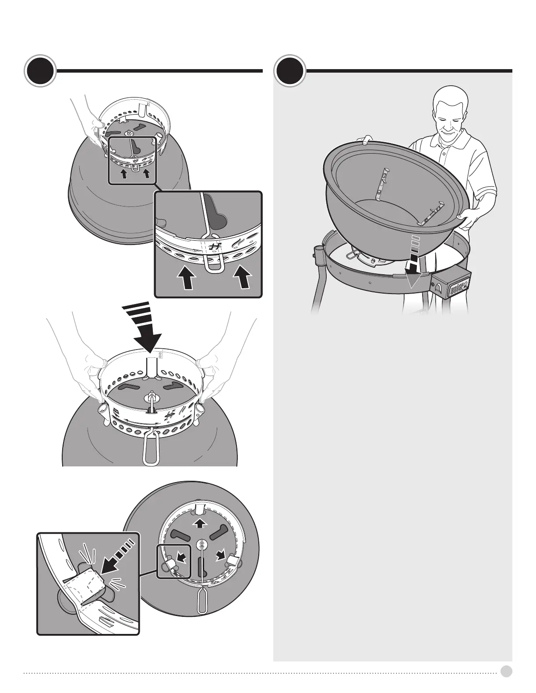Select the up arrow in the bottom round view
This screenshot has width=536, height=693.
(200, 523)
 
